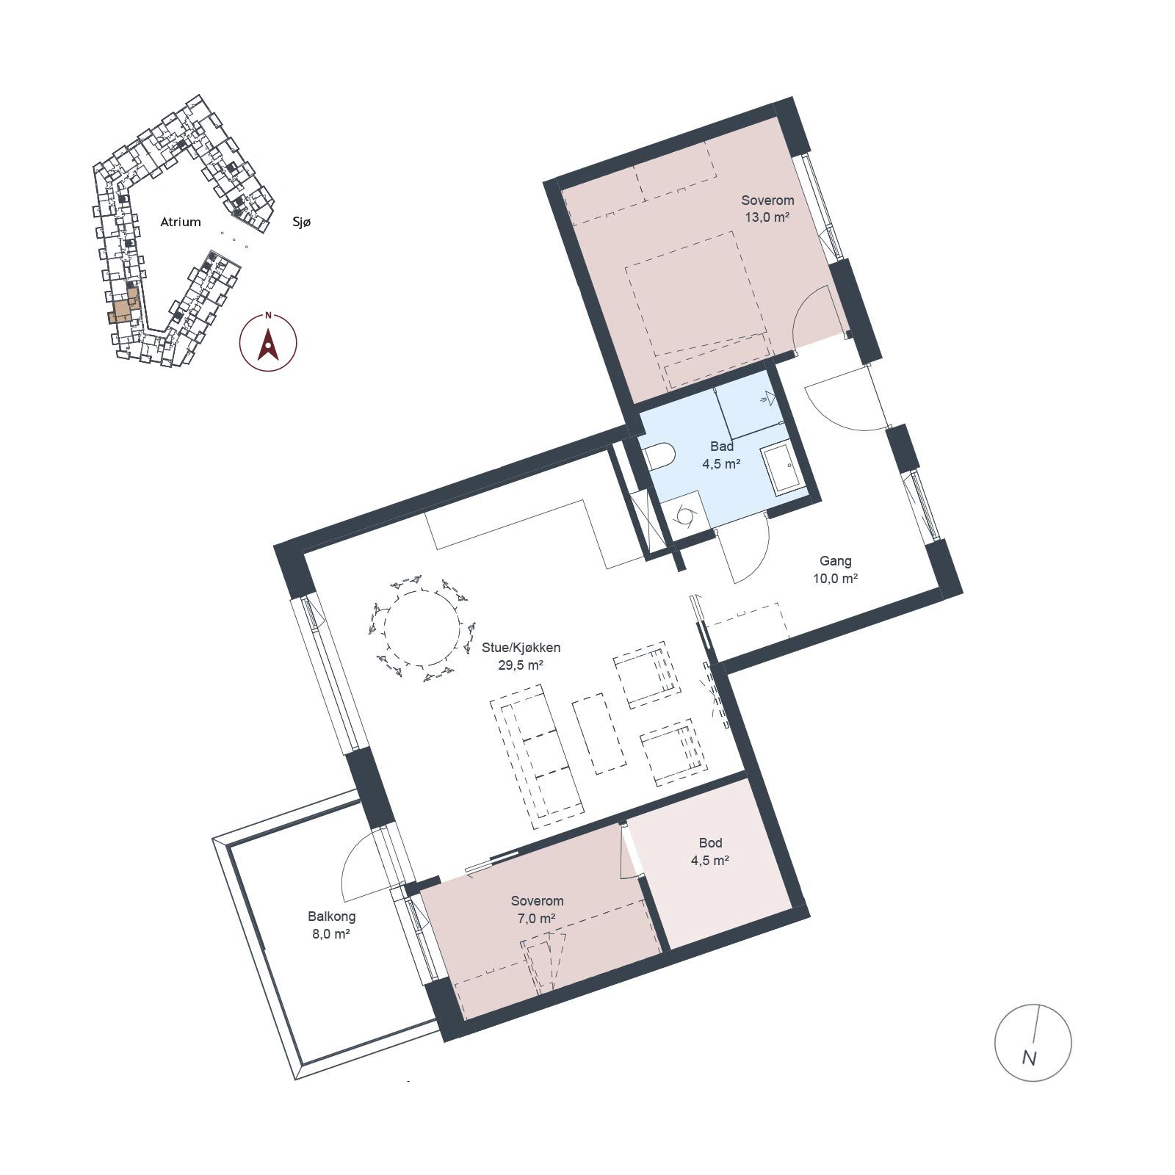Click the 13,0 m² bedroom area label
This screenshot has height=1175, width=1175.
[x=767, y=217]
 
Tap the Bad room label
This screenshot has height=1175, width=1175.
[x=722, y=446]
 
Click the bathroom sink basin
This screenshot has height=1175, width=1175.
[x=782, y=469]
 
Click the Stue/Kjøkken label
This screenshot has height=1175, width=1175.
[x=521, y=648]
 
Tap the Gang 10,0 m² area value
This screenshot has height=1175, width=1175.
[x=835, y=578]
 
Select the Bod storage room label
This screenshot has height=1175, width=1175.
[x=710, y=843]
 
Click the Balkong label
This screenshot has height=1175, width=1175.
[x=332, y=916]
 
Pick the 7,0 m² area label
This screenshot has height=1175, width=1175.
[x=537, y=919]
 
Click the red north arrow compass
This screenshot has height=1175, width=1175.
[x=268, y=342]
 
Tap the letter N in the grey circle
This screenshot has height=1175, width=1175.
[x=1029, y=1058]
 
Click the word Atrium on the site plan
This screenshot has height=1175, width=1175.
[x=181, y=222]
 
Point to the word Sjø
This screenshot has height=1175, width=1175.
[x=301, y=222]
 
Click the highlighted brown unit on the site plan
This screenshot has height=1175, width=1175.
[x=124, y=307]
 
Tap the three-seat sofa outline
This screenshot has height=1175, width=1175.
[x=537, y=753]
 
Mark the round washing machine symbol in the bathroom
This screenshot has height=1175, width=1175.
[x=684, y=516]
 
